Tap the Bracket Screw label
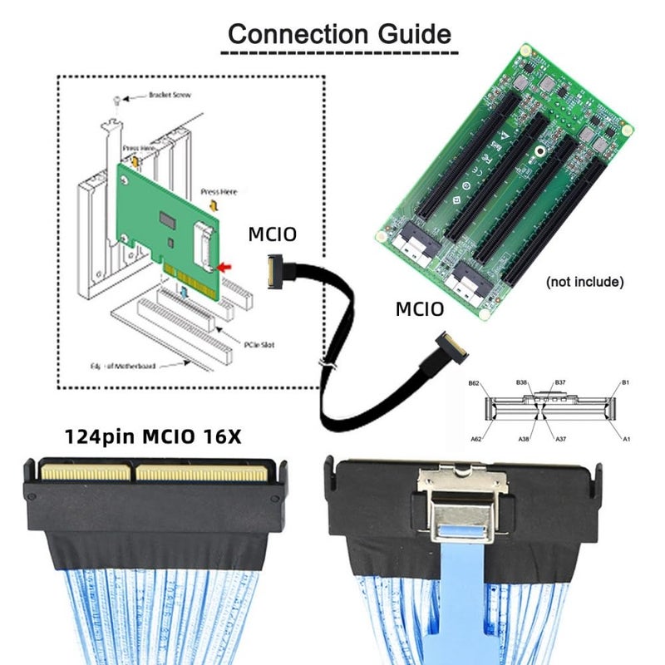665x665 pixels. (170, 95)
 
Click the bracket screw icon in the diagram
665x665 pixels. (120, 101)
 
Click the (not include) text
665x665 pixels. (584, 282)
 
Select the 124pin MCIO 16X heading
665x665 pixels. (153, 436)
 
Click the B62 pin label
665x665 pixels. (474, 384)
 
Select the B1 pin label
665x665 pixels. (626, 383)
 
